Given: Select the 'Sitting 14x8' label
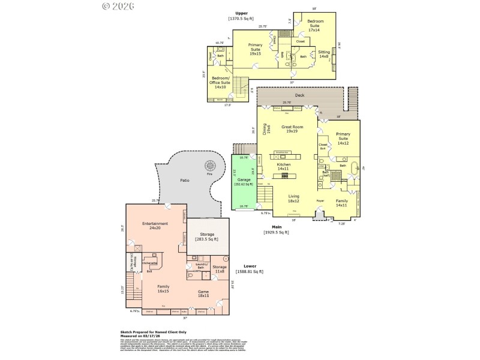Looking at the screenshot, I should [324, 55].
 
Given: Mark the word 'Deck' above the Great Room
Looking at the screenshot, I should [299, 95].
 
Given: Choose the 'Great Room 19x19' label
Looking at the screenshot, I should [292, 129].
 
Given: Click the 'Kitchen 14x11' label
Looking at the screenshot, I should [284, 166].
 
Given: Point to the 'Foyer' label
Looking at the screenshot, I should [320, 201].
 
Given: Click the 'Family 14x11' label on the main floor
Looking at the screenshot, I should [341, 203].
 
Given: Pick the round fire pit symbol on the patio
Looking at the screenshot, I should [210, 165].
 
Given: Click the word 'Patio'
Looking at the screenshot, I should [185, 179].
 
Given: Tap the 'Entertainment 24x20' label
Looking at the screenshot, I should [155, 226].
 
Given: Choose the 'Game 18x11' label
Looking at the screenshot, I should [204, 293].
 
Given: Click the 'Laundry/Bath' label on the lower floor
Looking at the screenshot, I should [202, 266].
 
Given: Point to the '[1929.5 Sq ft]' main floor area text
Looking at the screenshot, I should [276, 232].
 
